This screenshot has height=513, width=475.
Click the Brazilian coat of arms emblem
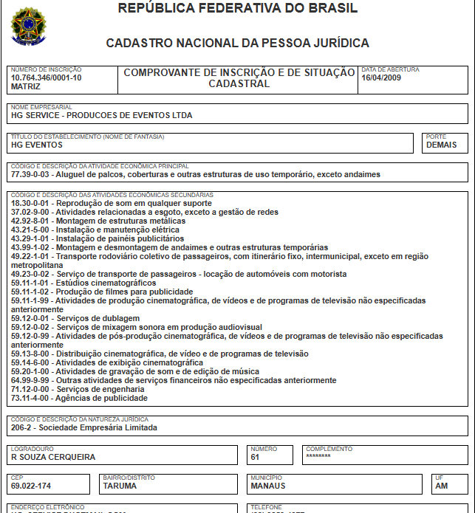pyautogui.click(x=29, y=27)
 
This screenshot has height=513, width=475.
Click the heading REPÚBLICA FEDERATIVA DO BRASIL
pyautogui.click(x=237, y=9)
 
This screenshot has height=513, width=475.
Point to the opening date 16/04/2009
pyautogui.click(x=381, y=78)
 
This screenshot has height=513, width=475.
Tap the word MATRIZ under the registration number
pyautogui.click(x=27, y=86)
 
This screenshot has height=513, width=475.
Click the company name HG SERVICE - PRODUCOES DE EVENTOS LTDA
pyautogui.click(x=101, y=116)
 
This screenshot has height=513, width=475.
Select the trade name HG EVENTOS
pyautogui.click(x=37, y=145)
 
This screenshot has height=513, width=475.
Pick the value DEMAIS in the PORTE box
pyautogui.click(x=442, y=145)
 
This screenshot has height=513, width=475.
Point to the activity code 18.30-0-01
pyautogui.click(x=31, y=203)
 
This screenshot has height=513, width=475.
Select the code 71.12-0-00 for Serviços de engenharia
pyautogui.click(x=31, y=389)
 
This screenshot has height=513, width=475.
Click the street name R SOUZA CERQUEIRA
pyautogui.click(x=53, y=457)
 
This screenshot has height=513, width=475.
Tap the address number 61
pyautogui.click(x=256, y=457)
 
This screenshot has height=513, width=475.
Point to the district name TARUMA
pyautogui.click(x=120, y=486)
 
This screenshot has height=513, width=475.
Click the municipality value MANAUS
pyautogui.click(x=268, y=486)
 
